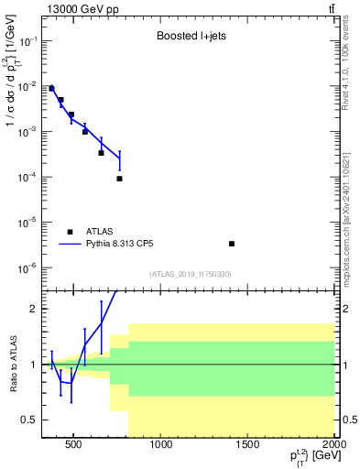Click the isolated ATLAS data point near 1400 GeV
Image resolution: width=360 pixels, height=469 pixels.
(x=232, y=244)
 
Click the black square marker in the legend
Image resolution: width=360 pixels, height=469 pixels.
(x=70, y=232)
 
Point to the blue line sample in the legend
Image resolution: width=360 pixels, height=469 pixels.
(x=70, y=245)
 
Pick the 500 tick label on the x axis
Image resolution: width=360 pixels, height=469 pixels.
(x=73, y=445)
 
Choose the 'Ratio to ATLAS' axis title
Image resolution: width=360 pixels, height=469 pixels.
(x=12, y=364)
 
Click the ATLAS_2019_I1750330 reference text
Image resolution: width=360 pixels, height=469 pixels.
(x=191, y=274)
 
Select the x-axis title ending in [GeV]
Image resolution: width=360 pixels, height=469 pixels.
(x=311, y=458)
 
